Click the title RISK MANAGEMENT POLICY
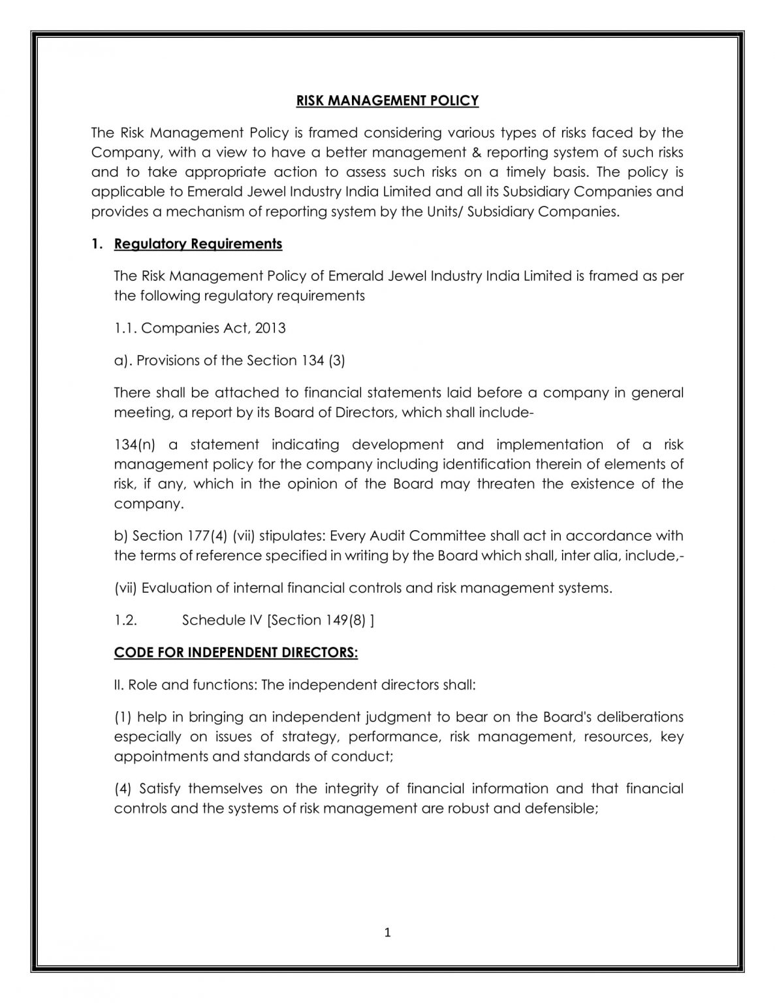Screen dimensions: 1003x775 tap(387, 101)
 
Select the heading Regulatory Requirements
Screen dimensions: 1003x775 tap(198, 244)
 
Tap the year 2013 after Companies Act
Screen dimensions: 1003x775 tap(270, 328)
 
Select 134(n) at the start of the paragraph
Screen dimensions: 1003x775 tap(134, 445)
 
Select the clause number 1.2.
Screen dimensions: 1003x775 tap(125, 620)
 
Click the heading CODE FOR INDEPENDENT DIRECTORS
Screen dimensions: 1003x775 tap(236, 653)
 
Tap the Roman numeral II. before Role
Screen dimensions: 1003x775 tap(119, 685)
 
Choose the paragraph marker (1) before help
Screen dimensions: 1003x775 tap(123, 717)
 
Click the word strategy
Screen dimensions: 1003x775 tap(310, 737)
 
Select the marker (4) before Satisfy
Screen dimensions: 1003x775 tap(123, 789)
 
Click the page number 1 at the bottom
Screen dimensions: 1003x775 tap(387, 932)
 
